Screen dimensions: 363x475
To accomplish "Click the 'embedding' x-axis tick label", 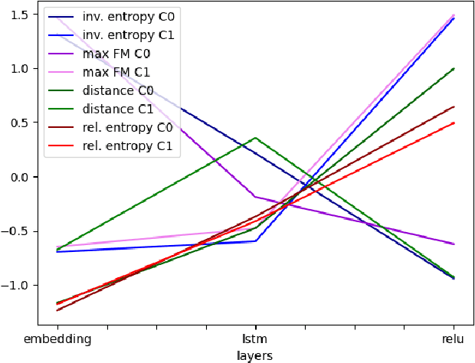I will (x=57, y=338).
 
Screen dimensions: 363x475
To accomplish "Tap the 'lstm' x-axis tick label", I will (x=256, y=338).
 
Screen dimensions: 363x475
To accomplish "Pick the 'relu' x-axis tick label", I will (x=454, y=338).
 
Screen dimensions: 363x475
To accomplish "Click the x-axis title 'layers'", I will (x=256, y=355).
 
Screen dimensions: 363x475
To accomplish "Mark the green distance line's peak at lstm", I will (x=256, y=138).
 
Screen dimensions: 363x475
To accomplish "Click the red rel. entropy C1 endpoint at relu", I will (x=454, y=123).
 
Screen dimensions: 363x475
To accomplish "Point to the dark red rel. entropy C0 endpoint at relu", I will (x=454, y=107).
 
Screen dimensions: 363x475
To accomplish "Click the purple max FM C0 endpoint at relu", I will (x=454, y=244).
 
